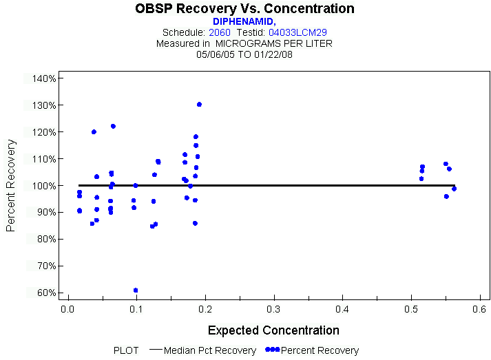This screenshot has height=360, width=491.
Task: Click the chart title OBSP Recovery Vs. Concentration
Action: (245, 9)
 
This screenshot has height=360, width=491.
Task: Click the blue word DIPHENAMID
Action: (244, 21)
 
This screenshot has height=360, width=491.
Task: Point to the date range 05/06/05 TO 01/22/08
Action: (244, 54)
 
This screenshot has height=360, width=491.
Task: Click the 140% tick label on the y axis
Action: (44, 78)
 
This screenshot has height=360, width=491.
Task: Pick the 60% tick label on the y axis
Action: (45, 293)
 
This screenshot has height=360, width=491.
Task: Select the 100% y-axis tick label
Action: (44, 186)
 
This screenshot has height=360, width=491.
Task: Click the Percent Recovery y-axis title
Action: (12, 185)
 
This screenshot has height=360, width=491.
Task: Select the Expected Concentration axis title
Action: (273, 330)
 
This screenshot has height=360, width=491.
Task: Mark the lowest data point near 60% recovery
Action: (136, 290)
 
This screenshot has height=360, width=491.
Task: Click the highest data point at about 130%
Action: (199, 105)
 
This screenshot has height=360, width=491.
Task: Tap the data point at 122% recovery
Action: (113, 127)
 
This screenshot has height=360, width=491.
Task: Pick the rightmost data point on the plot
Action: (455, 189)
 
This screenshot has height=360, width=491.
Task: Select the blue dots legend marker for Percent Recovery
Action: (272, 350)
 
